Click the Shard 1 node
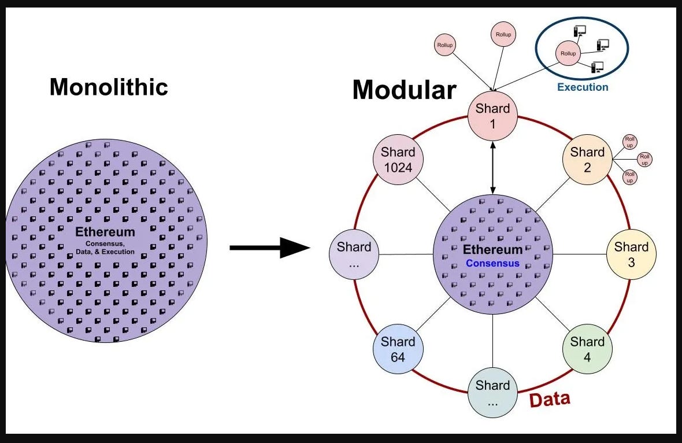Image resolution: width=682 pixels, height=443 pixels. [x=492, y=116]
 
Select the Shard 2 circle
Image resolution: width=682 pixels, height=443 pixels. [x=587, y=160]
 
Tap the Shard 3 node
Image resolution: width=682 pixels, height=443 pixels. [x=631, y=254]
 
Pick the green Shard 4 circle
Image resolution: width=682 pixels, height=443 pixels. [x=587, y=349]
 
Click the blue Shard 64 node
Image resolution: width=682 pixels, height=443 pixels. [x=398, y=349]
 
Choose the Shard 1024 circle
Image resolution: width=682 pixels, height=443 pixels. [x=398, y=160]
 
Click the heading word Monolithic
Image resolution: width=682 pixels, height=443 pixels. [x=109, y=87]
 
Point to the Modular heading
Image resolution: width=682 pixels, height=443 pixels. [x=405, y=90]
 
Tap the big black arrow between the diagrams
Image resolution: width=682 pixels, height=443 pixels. [x=270, y=248]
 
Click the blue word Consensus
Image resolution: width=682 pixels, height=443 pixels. [x=492, y=263]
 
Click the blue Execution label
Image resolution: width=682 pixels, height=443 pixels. [x=583, y=87]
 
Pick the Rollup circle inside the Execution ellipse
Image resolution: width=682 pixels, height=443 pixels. [x=568, y=53]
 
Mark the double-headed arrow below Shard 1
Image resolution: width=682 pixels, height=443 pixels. [x=492, y=168]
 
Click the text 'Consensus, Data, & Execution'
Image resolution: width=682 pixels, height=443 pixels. [x=105, y=248]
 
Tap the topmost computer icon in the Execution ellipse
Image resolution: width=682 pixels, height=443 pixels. [x=580, y=31]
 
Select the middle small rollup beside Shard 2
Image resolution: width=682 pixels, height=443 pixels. [x=644, y=159]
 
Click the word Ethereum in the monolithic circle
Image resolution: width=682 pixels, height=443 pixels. [x=105, y=231]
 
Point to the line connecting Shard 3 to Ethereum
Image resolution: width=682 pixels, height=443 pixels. [x=580, y=254]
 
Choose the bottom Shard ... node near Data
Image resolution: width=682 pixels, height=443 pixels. [x=492, y=393]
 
